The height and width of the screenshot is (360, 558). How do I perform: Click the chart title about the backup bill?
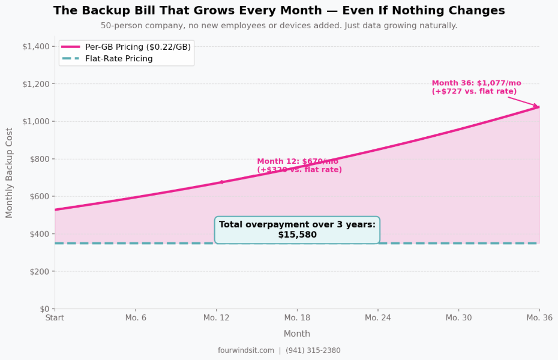279,11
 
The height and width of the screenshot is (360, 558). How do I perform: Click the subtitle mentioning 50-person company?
279,26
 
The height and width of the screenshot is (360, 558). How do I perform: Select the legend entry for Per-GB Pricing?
138,47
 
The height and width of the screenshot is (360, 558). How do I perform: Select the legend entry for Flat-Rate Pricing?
119,59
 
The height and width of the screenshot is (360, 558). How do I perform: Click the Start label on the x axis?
55,317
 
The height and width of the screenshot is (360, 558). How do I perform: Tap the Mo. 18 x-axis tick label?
297,317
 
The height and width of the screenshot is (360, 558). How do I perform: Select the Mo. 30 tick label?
458,317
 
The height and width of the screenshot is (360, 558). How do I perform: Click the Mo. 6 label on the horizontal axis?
136,317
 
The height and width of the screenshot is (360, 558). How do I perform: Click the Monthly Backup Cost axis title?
10,173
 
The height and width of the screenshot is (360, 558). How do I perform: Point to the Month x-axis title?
297,334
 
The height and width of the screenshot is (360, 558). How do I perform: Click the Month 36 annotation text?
476,87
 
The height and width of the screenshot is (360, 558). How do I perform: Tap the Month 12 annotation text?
299,166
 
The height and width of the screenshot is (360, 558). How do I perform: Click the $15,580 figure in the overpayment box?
297,235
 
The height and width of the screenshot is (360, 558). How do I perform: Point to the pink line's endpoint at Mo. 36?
539,107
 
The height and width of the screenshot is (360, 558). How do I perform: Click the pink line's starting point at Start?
55,209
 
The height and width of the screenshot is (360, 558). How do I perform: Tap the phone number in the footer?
313,350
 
